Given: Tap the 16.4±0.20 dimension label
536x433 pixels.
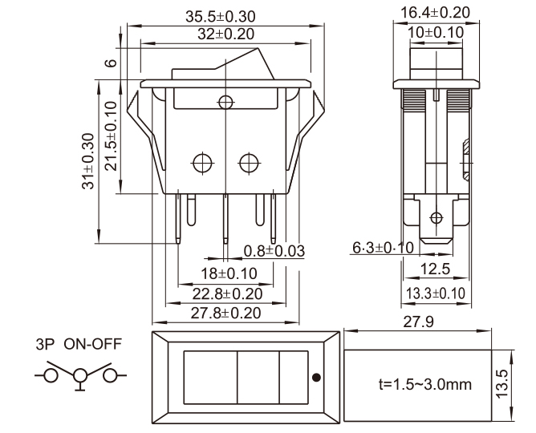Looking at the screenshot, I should pos(434,14).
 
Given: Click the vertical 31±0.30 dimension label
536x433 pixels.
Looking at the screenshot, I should pos(88,160).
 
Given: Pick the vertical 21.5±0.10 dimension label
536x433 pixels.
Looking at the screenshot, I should pos(110,135).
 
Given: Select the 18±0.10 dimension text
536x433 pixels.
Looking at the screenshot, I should pos(226,273).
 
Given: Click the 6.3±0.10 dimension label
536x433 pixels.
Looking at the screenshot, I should pos(383,248).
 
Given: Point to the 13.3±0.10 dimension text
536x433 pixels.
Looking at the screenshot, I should pos(436,293).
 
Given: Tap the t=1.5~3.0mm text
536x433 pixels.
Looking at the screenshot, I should pos(424,384).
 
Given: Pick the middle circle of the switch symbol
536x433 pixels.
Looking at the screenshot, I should pos(80,374).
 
